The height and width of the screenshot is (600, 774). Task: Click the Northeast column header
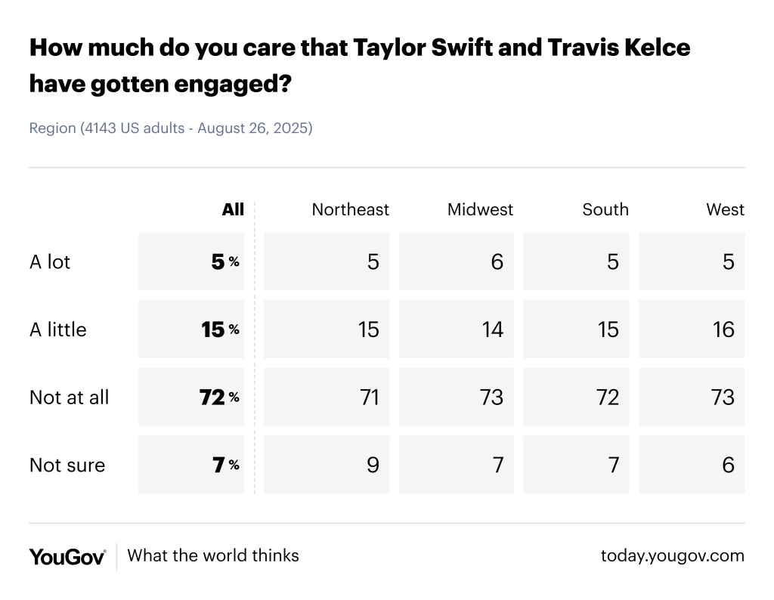[350, 209]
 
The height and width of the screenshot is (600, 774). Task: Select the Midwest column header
[480, 209]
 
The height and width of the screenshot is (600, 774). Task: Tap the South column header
[605, 209]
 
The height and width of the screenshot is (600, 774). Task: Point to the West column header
[725, 209]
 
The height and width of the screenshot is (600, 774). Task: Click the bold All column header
[233, 209]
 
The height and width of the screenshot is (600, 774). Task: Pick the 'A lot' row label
[50, 261]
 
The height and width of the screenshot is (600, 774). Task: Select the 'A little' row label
[58, 329]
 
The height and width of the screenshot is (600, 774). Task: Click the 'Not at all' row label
[69, 397]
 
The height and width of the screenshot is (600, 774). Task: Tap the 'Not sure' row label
[67, 465]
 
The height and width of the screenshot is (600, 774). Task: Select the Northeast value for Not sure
[372, 465]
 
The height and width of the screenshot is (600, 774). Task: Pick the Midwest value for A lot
[497, 261]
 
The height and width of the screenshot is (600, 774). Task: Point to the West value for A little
[723, 329]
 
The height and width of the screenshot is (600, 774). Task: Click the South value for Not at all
[608, 397]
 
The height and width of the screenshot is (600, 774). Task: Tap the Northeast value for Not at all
[369, 397]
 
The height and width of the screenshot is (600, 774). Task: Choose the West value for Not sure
[728, 465]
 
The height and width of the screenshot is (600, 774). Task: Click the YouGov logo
[67, 556]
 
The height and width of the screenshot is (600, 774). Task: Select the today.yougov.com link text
[672, 556]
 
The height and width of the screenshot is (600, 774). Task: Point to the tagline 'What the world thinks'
[213, 556]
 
